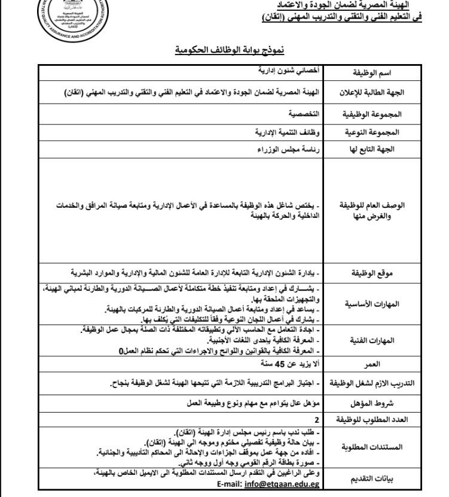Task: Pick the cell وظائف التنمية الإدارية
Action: (285, 129)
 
